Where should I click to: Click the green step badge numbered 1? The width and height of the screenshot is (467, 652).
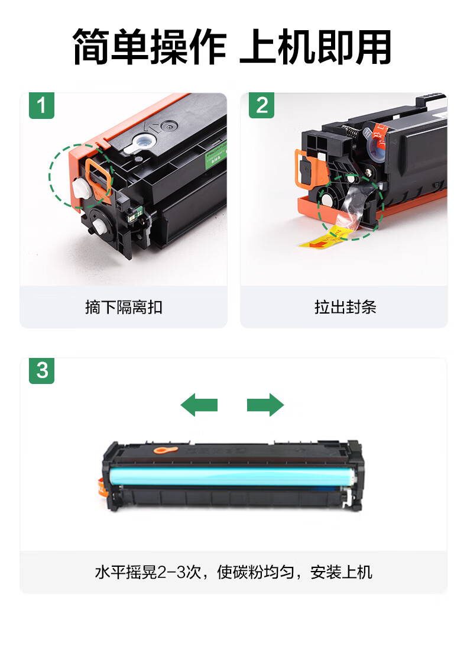coord(41,106)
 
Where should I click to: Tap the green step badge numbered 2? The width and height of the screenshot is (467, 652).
coord(262,105)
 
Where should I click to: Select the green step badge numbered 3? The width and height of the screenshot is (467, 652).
coord(41,370)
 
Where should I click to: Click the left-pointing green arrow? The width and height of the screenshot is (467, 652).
coord(199,405)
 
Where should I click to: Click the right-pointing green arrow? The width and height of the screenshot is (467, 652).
coord(265,405)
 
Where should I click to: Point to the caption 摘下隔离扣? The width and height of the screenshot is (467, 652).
coord(124,307)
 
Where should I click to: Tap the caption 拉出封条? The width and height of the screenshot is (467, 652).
coord(345,307)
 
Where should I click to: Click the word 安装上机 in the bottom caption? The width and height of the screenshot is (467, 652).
coord(341,572)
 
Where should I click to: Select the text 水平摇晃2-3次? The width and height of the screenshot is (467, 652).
coord(148,572)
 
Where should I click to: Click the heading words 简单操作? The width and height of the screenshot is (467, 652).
coord(150,47)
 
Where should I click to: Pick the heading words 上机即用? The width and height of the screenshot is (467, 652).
coord(316,47)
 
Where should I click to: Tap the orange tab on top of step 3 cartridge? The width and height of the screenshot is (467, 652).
coord(166,450)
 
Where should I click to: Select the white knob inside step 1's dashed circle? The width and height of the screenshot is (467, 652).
coord(82,188)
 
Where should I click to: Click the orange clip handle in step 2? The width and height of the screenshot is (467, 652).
coord(307,169)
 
